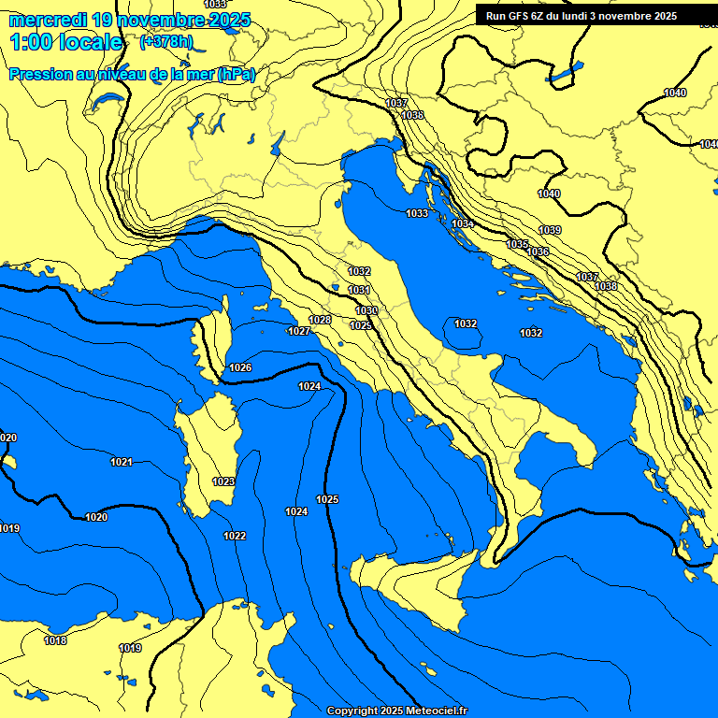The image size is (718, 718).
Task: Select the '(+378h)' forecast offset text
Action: point(166,42)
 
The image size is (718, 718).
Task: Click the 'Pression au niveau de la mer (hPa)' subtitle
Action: point(132,74)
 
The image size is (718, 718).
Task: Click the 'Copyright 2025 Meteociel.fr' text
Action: point(396,711)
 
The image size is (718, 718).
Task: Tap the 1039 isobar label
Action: point(550,230)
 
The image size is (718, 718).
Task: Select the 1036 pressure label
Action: point(538,251)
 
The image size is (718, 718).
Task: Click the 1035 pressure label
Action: point(517,244)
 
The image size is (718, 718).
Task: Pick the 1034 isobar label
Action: point(463,223)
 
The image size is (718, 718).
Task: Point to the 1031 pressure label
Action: point(359,290)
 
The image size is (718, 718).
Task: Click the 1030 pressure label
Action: point(366,310)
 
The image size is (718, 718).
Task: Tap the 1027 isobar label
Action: point(299,331)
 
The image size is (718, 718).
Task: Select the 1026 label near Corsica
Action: point(240,367)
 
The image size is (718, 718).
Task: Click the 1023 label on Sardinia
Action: point(223,481)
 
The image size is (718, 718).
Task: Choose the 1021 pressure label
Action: point(121,462)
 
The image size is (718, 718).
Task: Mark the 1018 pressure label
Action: point(55,640)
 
